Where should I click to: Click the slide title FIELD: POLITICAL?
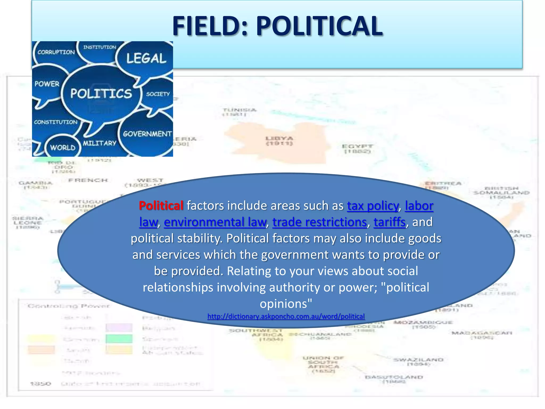pos(277,26)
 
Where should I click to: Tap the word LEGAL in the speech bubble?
pos(146,58)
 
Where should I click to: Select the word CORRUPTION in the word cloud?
pos(56,52)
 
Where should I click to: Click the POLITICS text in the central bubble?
pos(101,94)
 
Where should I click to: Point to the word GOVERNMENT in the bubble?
pos(147,134)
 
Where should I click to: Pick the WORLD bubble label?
pos(63,148)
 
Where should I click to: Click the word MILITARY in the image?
pos(100,143)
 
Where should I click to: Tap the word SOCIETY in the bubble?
pos(158,94)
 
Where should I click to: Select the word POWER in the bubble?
pos(47,84)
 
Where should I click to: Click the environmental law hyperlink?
pos(215,222)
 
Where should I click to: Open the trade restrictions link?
pos(320,222)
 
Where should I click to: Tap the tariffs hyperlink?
pos(390,222)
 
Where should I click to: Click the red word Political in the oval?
pos(161,206)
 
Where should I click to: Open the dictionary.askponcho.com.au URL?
pos(286,316)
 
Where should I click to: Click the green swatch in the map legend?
pos(119,339)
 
